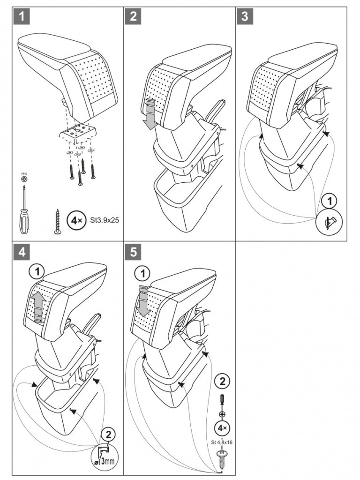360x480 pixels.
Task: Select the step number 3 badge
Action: click(x=244, y=17)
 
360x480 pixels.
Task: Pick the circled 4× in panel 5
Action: click(x=222, y=428)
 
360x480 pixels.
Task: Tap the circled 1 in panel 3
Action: click(x=330, y=202)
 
